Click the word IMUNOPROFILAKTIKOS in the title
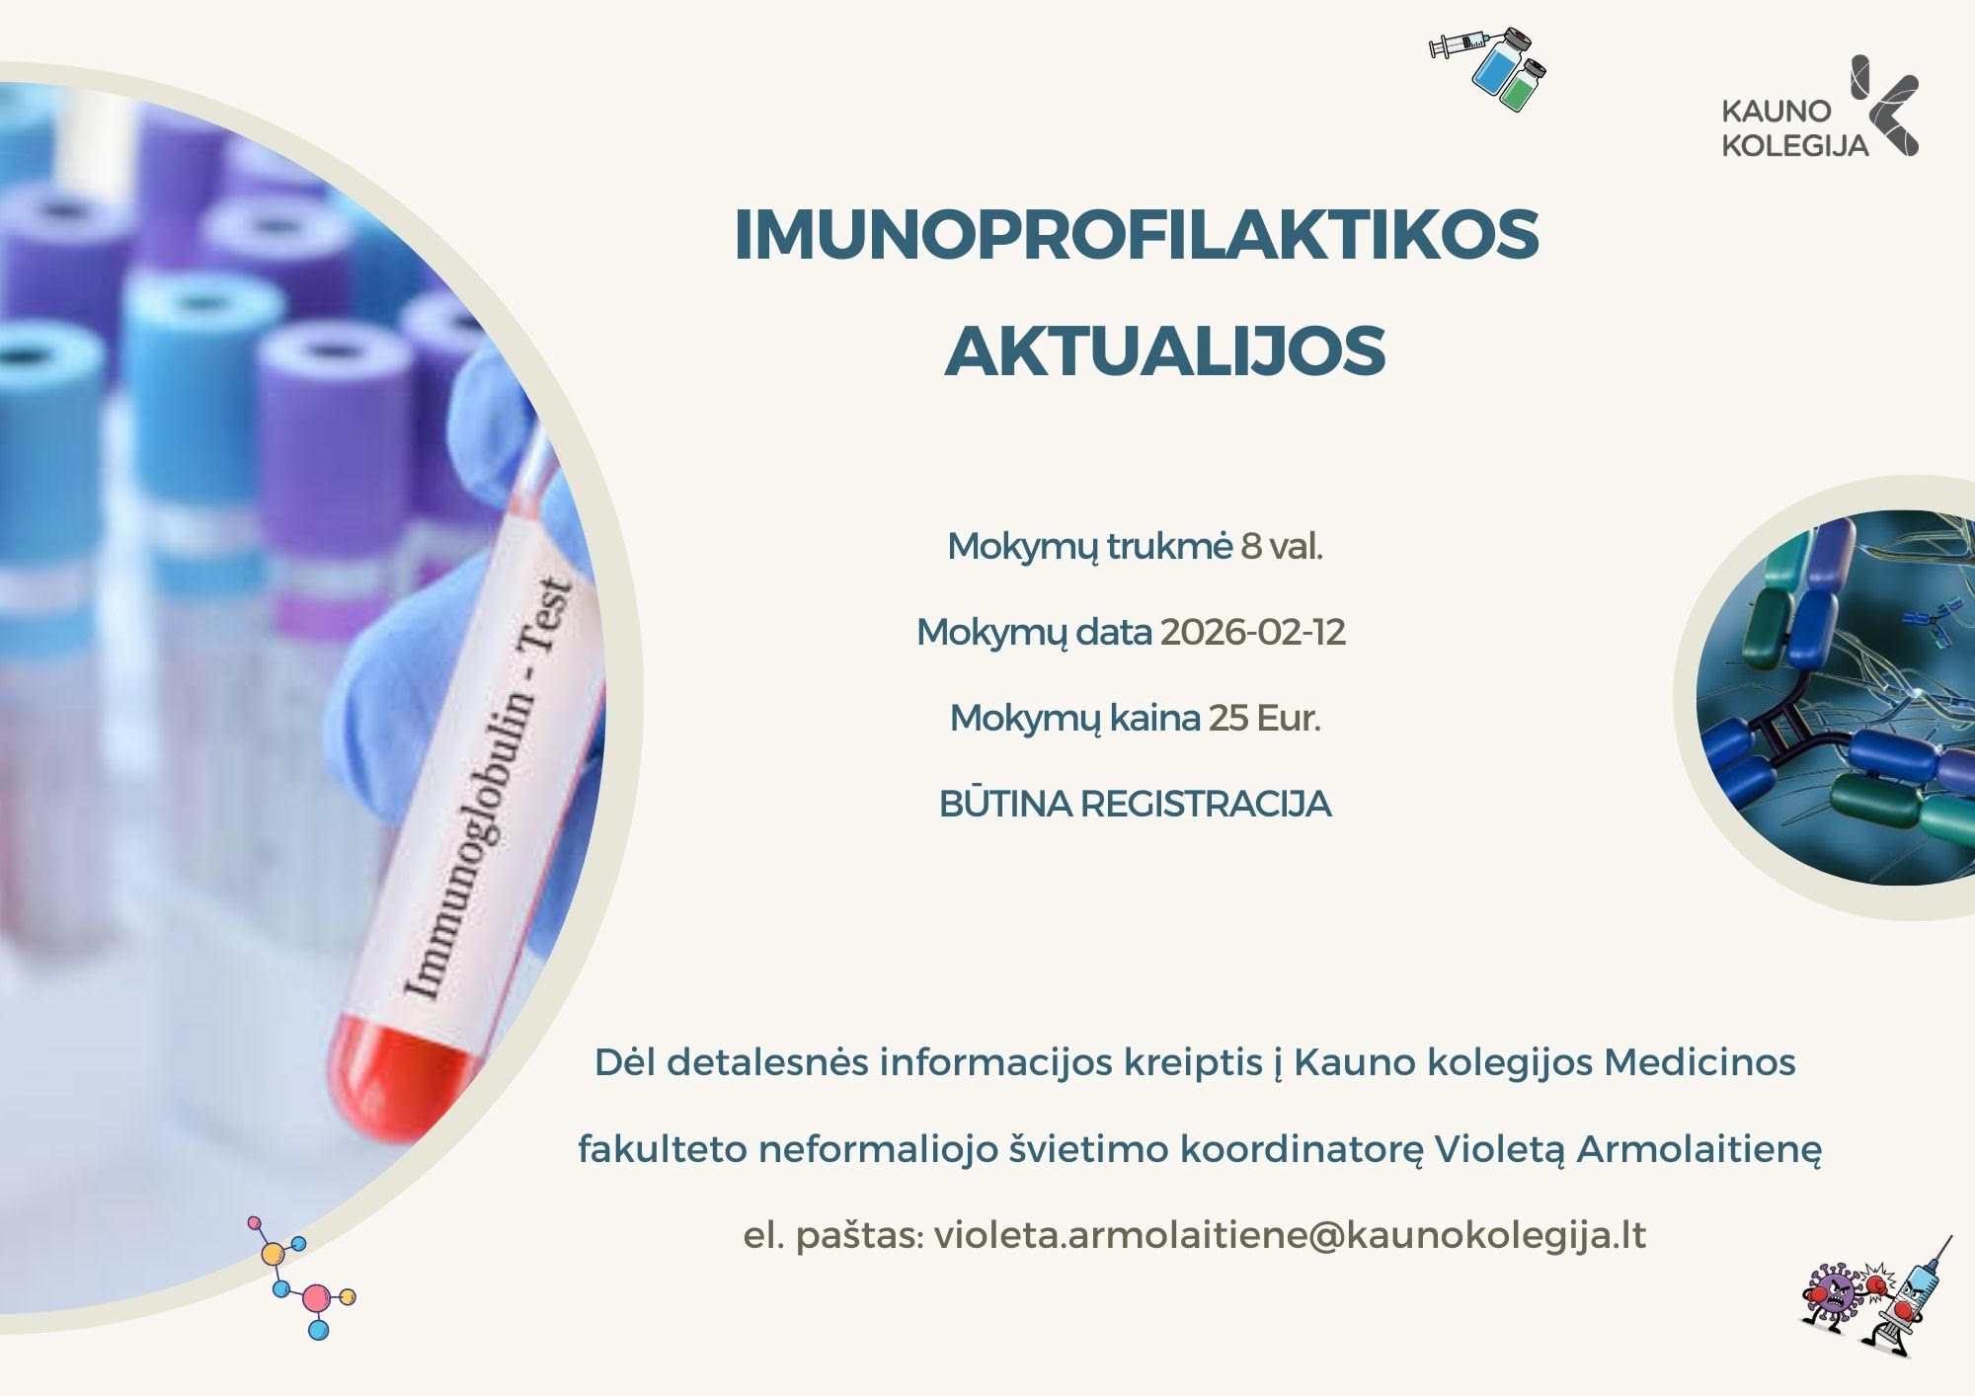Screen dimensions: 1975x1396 coord(1137,235)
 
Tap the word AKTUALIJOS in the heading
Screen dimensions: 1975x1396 coord(1165,350)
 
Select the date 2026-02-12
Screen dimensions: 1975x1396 coord(1252,632)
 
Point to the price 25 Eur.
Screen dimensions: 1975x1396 coord(1264,718)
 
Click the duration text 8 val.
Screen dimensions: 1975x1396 coord(1282,546)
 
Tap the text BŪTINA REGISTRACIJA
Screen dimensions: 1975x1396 coord(1136,804)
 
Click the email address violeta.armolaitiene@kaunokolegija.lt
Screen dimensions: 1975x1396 coord(1290,1236)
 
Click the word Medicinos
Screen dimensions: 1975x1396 coord(1699,1062)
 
